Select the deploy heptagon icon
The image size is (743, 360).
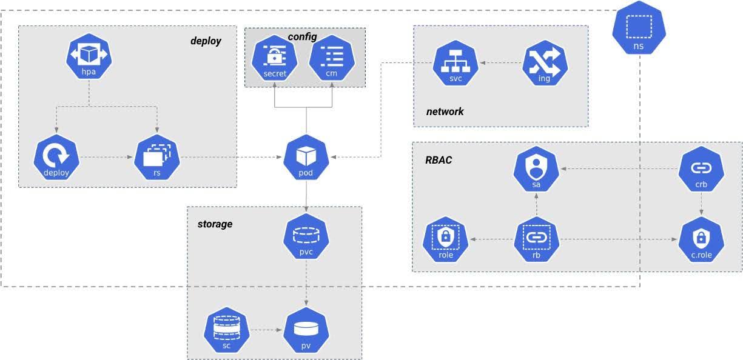point(56,159)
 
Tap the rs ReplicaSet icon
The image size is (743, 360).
point(156,159)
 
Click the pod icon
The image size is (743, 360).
point(306,159)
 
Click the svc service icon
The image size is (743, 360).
point(456,65)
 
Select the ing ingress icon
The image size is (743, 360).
point(545,65)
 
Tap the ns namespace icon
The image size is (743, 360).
point(638,30)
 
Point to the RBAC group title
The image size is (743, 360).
point(438,161)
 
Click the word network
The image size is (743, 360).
point(445,112)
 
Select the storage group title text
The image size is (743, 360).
point(215,224)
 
